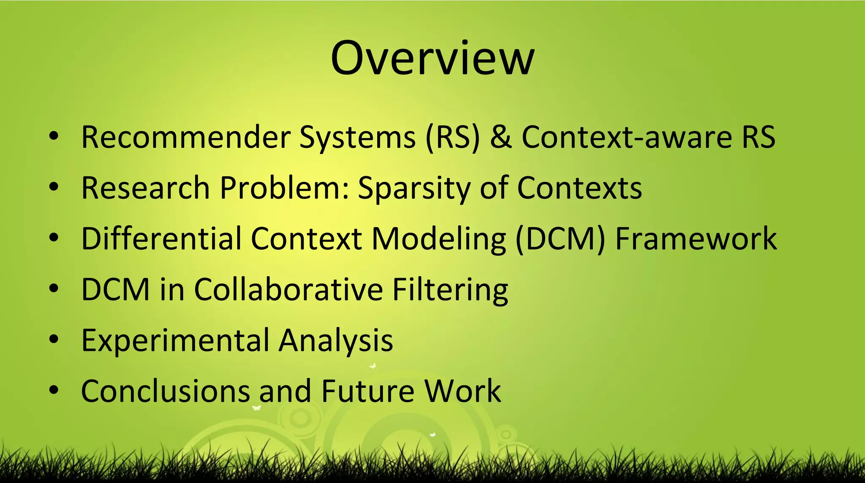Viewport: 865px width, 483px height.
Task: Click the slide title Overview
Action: [x=432, y=58]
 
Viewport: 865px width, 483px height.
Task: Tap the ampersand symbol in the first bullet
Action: [x=501, y=137]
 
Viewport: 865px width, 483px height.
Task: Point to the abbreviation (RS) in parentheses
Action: [x=452, y=137]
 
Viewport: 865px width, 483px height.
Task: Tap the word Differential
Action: [x=161, y=239]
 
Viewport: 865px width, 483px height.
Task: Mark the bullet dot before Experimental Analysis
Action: [x=53, y=339]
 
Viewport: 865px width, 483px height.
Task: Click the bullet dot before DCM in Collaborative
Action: [x=53, y=289]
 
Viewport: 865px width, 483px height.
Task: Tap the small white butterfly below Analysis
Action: [x=373, y=366]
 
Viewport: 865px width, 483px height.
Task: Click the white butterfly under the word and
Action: [x=256, y=408]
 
